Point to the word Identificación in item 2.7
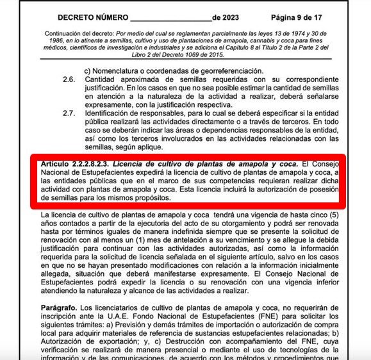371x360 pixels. click(x=110, y=113)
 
